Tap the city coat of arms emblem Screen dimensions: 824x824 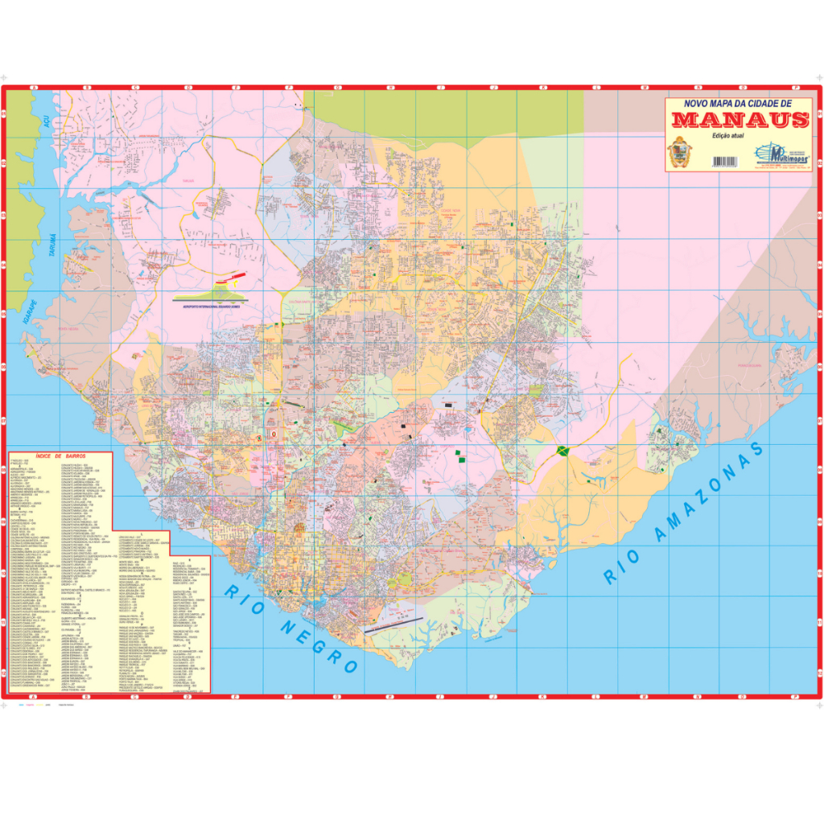(680, 152)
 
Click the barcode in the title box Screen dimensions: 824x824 (724, 161)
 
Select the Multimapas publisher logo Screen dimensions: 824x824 (781, 154)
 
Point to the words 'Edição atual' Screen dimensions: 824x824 (727, 138)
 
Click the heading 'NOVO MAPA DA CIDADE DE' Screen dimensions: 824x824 (738, 104)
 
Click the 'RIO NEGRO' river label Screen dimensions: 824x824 (290, 628)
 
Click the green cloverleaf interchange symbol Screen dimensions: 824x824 (562, 451)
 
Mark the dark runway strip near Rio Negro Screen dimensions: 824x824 (393, 624)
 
